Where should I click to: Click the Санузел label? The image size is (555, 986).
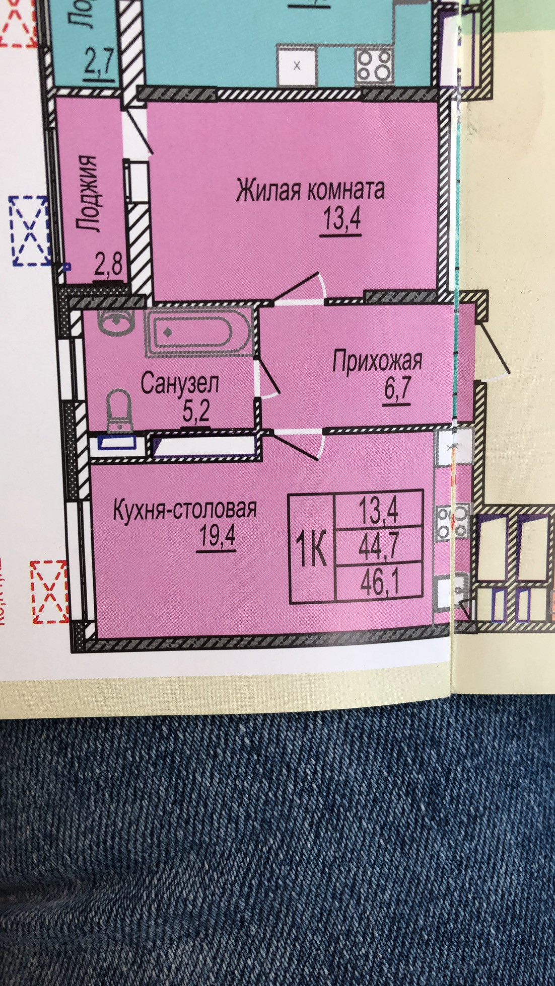(180, 384)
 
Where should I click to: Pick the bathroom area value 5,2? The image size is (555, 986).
(196, 413)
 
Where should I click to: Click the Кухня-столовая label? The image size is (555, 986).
(185, 509)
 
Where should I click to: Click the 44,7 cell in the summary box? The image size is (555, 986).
(379, 546)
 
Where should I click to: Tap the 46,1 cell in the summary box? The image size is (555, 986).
(379, 583)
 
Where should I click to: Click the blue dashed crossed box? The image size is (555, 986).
(30, 231)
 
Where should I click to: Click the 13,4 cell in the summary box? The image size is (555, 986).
(379, 511)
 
